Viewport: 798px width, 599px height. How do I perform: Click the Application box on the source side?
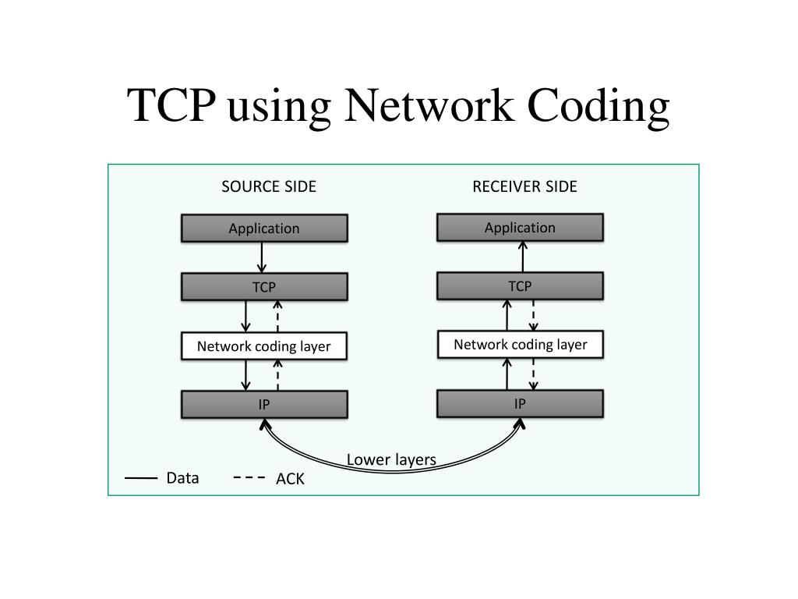[x=264, y=229]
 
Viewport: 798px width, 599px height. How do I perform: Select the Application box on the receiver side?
[x=520, y=228]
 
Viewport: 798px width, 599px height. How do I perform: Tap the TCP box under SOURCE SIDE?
[x=264, y=287]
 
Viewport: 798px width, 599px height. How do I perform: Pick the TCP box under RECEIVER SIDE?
[x=520, y=286]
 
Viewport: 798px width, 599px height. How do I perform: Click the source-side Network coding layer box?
[x=264, y=346]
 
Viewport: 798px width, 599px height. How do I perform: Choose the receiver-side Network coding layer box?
[x=520, y=345]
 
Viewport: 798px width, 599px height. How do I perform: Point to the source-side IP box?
[x=264, y=405]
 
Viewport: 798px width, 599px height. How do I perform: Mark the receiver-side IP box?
[x=520, y=403]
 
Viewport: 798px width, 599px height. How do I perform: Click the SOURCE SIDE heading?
[x=269, y=186]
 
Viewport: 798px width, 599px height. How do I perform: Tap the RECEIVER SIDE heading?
[x=524, y=186]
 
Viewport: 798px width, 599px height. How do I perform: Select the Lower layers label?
[x=391, y=459]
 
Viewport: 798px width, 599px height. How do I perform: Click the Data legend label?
[x=182, y=478]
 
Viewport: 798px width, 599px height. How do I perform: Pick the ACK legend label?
[x=290, y=479]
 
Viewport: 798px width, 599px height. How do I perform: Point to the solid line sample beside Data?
[x=141, y=478]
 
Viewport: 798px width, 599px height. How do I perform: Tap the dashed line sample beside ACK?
[x=249, y=478]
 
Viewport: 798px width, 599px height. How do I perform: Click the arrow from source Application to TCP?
[x=262, y=257]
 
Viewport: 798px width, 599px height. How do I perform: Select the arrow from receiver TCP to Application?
[x=523, y=256]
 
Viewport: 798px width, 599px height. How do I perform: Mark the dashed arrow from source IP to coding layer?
[x=278, y=375]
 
